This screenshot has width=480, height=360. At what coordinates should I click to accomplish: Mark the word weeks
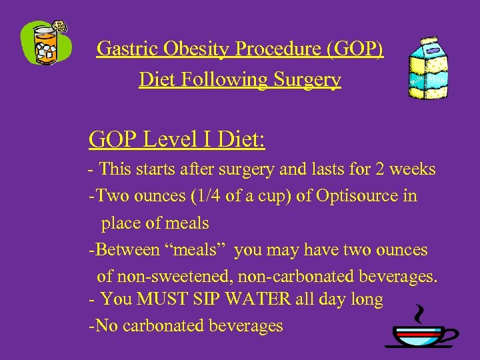pos(414,169)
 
